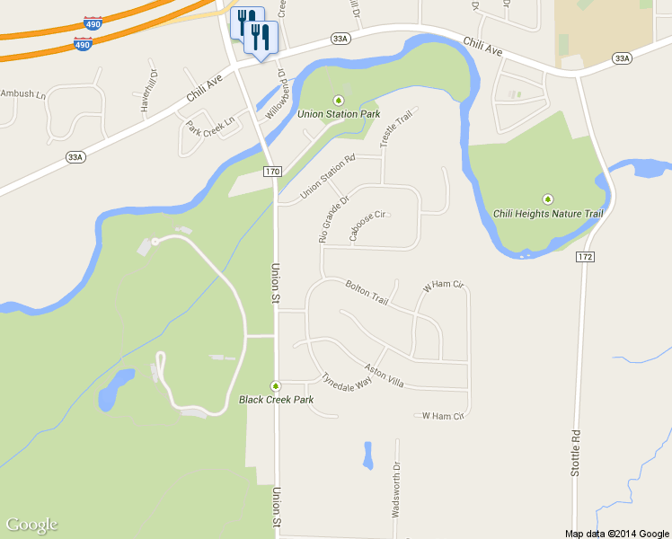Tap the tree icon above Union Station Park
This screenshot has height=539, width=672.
(x=339, y=100)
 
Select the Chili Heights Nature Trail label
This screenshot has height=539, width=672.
(x=548, y=214)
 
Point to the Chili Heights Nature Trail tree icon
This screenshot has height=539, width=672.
(x=548, y=199)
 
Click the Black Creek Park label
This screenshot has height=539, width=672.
(x=276, y=400)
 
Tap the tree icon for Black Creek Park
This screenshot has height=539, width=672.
(x=276, y=386)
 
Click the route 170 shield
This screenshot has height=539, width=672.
(x=273, y=171)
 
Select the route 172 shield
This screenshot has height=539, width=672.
(x=586, y=257)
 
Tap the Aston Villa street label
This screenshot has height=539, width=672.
(x=385, y=376)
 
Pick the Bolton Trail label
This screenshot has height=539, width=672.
(x=367, y=292)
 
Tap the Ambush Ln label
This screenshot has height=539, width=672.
(x=22, y=93)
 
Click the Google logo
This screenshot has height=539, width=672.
(x=31, y=525)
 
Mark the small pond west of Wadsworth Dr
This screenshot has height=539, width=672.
(x=367, y=455)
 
